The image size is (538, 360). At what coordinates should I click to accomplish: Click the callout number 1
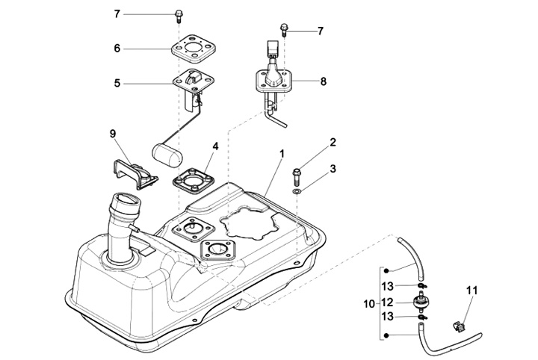[x=282, y=155]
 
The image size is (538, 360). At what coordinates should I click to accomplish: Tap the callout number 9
[x=113, y=134]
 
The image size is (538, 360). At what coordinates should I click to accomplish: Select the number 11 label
[x=471, y=291]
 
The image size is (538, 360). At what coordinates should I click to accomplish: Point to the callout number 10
[x=369, y=304]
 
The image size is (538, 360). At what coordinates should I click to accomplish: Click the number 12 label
[x=387, y=302]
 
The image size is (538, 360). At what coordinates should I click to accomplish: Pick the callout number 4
[x=215, y=146]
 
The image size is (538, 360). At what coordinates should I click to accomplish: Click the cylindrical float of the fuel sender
[x=167, y=155]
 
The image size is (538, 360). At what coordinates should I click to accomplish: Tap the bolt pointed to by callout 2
[x=296, y=176]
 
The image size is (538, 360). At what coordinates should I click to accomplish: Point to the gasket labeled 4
[x=194, y=181]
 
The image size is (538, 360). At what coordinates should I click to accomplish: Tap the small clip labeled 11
[x=458, y=326]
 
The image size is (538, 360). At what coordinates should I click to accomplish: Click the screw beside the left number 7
[x=179, y=16]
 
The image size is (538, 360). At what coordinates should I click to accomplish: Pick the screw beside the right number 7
[x=284, y=30]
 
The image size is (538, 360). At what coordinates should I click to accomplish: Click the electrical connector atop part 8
[x=272, y=49]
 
